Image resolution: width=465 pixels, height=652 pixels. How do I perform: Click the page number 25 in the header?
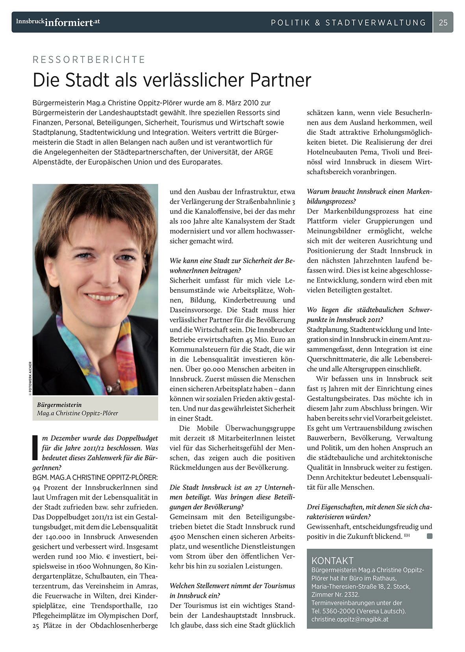[443, 22]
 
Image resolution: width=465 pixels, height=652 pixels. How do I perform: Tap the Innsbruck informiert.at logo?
[58, 22]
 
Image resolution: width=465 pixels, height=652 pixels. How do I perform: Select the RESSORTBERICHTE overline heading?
[89, 60]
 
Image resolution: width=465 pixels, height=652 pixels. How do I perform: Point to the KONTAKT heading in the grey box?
[332, 561]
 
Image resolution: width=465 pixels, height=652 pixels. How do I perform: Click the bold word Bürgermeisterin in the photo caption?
[59, 404]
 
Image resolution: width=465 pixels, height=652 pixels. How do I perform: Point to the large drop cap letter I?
[35, 447]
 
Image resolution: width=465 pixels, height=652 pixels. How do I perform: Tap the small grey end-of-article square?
[429, 536]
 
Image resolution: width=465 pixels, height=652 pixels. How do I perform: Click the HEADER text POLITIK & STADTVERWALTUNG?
[348, 22]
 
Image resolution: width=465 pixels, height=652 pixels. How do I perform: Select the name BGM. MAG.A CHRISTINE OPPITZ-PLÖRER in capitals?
[95, 477]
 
